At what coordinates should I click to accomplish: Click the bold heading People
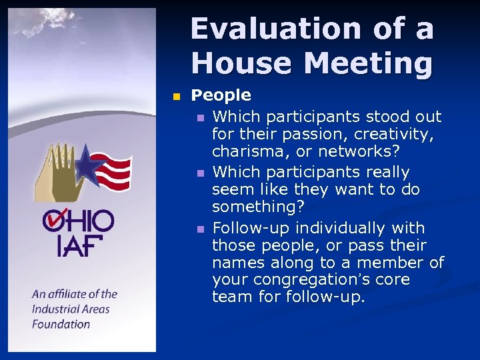221,96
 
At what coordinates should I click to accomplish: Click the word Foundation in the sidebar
61,324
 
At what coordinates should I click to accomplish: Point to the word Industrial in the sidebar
61,309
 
